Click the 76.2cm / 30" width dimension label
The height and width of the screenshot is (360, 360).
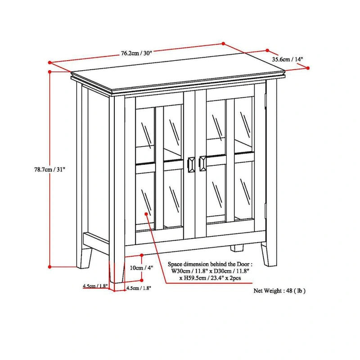(136, 53)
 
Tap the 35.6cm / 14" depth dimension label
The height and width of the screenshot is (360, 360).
(288, 59)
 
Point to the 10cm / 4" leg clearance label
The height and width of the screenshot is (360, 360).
(141, 267)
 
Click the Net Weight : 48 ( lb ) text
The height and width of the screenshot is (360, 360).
(279, 291)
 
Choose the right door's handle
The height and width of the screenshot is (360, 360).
(203, 164)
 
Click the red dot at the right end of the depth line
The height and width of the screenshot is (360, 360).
(308, 67)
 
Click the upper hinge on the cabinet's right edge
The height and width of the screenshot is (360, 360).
(266, 96)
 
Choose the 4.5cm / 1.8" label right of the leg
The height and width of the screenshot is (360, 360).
(139, 288)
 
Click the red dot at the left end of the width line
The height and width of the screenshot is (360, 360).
(49, 63)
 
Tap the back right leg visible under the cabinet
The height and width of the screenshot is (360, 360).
(237, 248)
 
